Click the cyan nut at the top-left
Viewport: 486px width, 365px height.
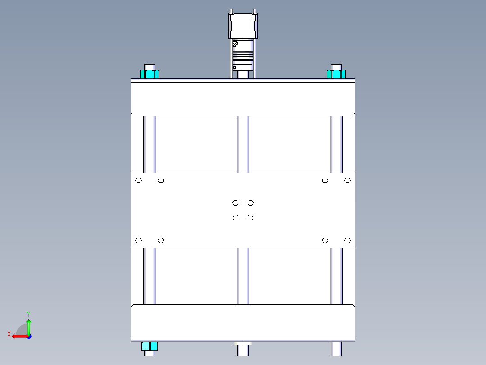pyautogui.click(x=150, y=74)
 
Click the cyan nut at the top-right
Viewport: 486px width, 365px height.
pyautogui.click(x=336, y=74)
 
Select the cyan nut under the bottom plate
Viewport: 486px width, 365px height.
pyautogui.click(x=150, y=346)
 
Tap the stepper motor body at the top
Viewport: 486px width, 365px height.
pyautogui.click(x=243, y=26)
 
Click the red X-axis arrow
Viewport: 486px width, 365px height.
pyautogui.click(x=19, y=336)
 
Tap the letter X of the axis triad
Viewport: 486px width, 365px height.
pyautogui.click(x=9, y=334)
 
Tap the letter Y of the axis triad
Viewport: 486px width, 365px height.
pyautogui.click(x=28, y=314)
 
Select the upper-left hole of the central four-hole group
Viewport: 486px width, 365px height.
pyautogui.click(x=235, y=203)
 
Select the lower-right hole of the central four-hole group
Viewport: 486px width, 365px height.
pyautogui.click(x=251, y=218)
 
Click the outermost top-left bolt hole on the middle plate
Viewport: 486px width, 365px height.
pyautogui.click(x=138, y=180)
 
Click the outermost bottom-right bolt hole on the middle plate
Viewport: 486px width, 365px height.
pyautogui.click(x=348, y=240)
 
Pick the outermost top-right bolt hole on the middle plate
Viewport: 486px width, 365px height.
pyautogui.click(x=348, y=180)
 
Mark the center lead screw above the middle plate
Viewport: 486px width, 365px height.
pyautogui.click(x=243, y=145)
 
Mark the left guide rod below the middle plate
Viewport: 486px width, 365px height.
pyautogui.click(x=150, y=276)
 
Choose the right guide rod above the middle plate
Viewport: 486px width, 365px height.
pyautogui.click(x=336, y=145)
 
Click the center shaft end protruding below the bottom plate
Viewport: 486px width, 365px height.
pyautogui.click(x=243, y=349)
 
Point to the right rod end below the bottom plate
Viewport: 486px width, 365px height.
pyautogui.click(x=336, y=349)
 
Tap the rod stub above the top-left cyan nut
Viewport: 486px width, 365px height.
pyautogui.click(x=150, y=67)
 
